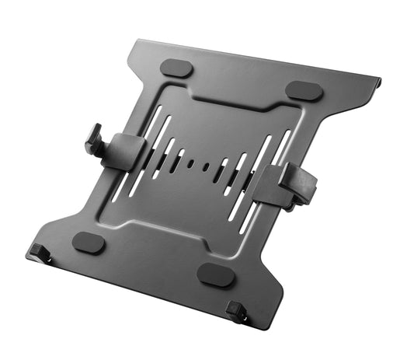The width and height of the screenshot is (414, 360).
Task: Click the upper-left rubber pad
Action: (176, 68)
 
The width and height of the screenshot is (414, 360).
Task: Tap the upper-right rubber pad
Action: (304, 90)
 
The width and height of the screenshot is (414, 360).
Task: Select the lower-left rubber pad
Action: (89, 243)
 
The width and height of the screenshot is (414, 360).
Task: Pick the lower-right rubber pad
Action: (215, 274)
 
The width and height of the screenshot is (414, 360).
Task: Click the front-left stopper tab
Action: (37, 252)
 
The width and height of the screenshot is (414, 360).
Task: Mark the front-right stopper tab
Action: (237, 313)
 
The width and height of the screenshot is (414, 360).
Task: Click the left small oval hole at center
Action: (190, 164)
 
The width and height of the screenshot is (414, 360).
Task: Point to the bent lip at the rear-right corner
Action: (377, 82)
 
